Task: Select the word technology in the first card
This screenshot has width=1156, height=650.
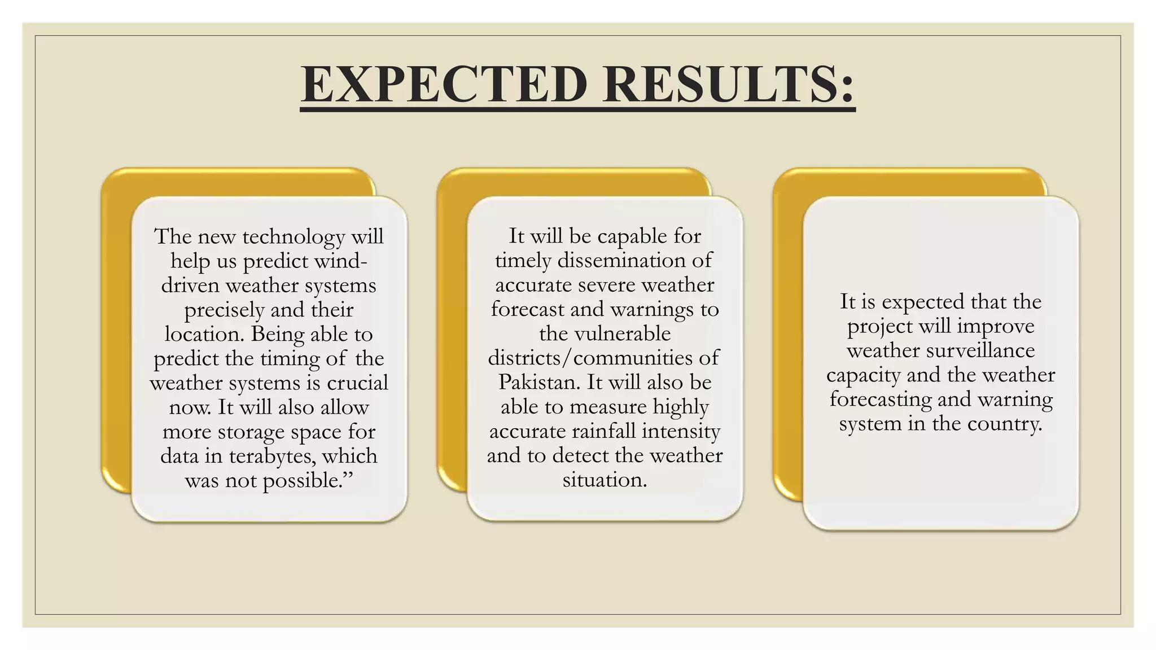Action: point(294,237)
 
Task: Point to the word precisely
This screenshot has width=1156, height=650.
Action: point(224,310)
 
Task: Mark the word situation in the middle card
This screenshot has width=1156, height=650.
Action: point(605,480)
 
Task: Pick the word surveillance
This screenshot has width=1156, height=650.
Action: point(980,350)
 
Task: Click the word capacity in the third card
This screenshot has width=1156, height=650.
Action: point(863,376)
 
